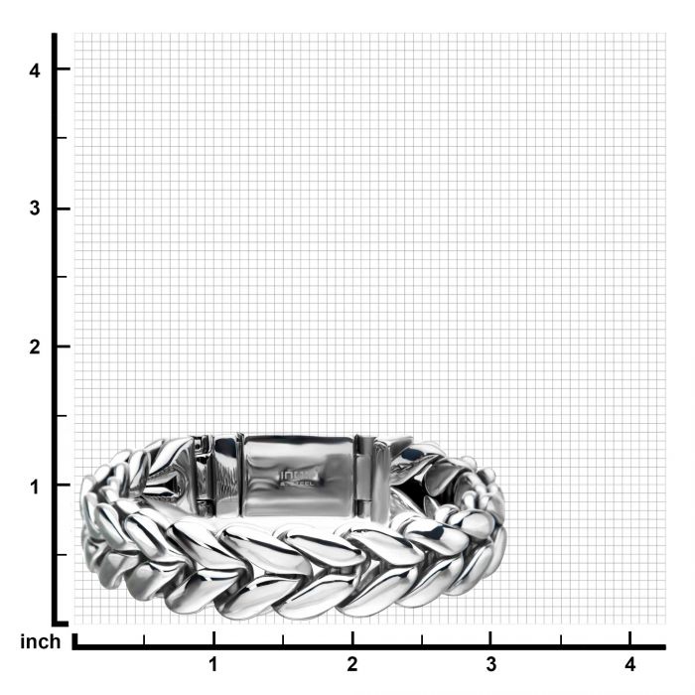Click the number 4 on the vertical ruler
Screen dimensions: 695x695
coord(35,69)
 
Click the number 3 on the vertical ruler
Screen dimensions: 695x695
coord(35,208)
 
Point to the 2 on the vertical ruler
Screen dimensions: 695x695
coord(35,347)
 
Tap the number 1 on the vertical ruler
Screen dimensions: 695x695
coord(35,486)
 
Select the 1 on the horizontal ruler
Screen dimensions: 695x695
coord(212,664)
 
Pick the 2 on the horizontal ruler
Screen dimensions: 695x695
coord(351,664)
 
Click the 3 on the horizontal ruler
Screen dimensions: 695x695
coord(490,664)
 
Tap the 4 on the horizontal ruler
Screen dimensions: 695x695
coord(629,664)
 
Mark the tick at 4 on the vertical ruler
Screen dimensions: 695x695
coord(62,69)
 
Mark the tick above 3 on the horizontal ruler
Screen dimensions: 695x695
coord(490,635)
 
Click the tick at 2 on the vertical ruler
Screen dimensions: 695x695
coord(62,347)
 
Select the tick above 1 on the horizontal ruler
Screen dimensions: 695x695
coord(212,635)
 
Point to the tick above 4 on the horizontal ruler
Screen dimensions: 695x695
coord(629,635)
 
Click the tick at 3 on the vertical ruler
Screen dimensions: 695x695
coord(62,208)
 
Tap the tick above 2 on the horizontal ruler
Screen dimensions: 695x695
coord(351,635)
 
